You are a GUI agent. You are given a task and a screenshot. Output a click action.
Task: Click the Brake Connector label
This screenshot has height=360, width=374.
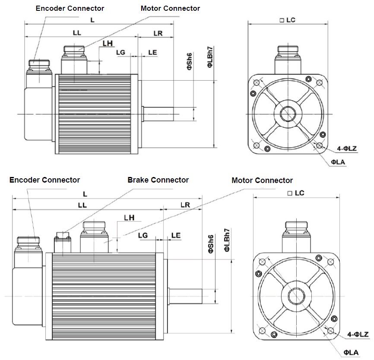[x=158, y=180]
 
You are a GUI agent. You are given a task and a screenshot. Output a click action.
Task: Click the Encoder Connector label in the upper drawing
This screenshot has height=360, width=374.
[x=70, y=8]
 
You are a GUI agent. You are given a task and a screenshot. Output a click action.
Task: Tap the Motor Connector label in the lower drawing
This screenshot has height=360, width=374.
[x=262, y=180]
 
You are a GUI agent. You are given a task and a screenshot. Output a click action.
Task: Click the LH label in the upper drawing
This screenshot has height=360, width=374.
[x=108, y=43]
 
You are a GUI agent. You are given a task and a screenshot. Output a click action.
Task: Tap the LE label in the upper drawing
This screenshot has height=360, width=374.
[x=152, y=52]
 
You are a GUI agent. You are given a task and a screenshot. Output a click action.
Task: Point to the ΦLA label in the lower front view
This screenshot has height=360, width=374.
[x=351, y=353]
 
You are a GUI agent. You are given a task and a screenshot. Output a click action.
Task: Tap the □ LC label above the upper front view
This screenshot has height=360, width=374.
[x=287, y=20]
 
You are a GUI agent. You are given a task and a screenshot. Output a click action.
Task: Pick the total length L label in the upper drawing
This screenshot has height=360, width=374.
[x=92, y=20]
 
